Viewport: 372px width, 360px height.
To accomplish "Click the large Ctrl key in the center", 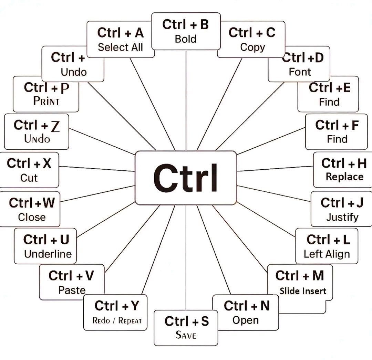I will (186, 178).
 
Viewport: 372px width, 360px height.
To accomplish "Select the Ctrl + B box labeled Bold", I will (186, 31).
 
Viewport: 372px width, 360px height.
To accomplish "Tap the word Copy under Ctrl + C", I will (252, 47).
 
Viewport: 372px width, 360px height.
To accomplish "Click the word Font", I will (300, 72).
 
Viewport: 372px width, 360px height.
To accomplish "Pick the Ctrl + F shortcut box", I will (337, 131).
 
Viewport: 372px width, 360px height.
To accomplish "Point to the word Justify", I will (342, 217).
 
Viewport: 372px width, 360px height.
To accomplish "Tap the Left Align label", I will (327, 254).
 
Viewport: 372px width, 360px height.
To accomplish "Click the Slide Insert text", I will (303, 291).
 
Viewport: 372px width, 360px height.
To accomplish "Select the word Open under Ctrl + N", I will (245, 320).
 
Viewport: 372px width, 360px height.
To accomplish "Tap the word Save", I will (186, 335).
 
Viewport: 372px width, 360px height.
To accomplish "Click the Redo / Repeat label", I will (117, 321).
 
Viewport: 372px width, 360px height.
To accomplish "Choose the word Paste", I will (72, 290).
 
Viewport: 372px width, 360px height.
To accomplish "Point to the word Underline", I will (48, 254).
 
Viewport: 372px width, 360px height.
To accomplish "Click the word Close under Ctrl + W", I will (32, 217).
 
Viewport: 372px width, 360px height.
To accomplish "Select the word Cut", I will (29, 178).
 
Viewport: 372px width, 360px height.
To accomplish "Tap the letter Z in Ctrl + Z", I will (55, 127).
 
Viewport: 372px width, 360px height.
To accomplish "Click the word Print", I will (46, 101).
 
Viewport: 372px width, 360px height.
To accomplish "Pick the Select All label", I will (120, 47).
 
